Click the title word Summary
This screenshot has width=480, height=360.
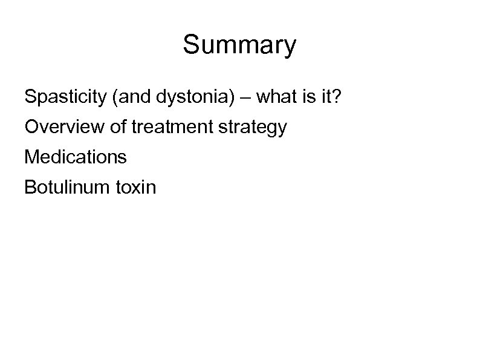click(239, 46)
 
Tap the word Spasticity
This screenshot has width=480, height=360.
click(64, 97)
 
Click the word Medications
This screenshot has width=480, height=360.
click(76, 157)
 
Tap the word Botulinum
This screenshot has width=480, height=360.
click(65, 188)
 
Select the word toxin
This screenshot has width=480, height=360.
click(134, 188)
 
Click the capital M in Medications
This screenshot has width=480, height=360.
click(31, 157)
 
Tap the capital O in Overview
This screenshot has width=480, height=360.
click(31, 128)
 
